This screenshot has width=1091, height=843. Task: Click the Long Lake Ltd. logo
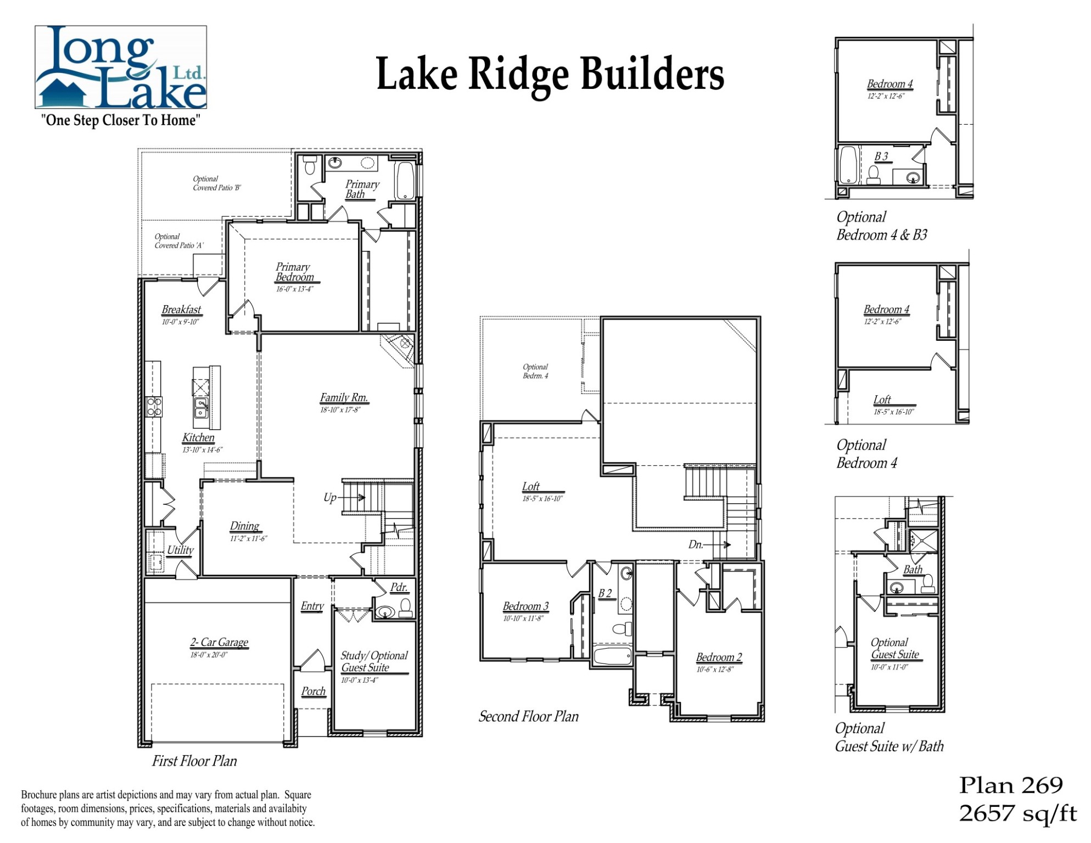click(x=121, y=67)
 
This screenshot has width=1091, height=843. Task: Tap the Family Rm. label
click(x=344, y=397)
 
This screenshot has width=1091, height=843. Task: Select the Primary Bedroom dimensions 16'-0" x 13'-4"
click(x=294, y=289)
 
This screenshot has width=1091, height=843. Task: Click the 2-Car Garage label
click(x=219, y=642)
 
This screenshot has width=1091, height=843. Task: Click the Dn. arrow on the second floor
click(x=718, y=545)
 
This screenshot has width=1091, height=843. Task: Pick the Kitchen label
click(x=198, y=437)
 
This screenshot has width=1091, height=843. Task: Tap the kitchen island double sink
click(x=201, y=407)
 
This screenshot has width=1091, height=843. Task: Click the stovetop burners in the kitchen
click(x=154, y=406)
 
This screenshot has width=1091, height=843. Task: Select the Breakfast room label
click(x=181, y=310)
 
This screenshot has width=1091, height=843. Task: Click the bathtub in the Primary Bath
click(x=405, y=180)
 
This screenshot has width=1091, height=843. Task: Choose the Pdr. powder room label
click(x=399, y=587)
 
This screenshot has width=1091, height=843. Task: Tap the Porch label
click(x=314, y=692)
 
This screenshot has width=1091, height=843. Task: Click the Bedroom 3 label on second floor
click(x=525, y=606)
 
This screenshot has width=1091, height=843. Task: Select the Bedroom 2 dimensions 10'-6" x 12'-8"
click(x=715, y=670)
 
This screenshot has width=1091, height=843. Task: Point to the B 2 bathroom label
click(x=605, y=593)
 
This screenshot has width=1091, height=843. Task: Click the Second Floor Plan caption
click(x=528, y=716)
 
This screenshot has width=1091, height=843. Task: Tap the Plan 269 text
click(x=1011, y=785)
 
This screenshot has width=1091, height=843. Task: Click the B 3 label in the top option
click(x=881, y=156)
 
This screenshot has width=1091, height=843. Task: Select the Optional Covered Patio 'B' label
click(x=216, y=183)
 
